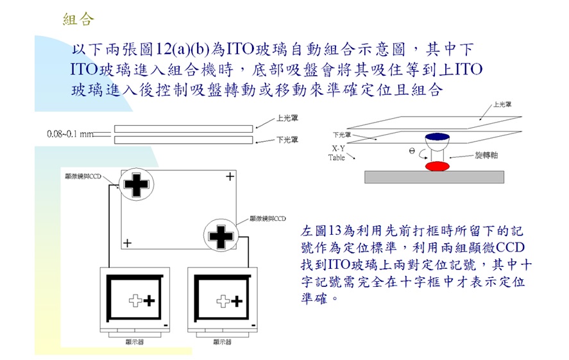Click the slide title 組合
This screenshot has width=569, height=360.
click(x=78, y=19)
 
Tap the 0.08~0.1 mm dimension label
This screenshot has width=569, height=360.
click(x=70, y=134)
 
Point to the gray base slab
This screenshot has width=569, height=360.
click(x=434, y=176)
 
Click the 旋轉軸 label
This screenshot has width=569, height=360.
click(x=487, y=156)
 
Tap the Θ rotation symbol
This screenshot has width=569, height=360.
click(x=412, y=151)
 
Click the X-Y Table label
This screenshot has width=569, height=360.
click(x=337, y=153)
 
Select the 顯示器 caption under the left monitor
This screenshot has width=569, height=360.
click(x=134, y=342)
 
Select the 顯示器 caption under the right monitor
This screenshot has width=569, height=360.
click(x=222, y=342)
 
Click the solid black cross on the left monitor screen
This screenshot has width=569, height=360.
click(x=149, y=300)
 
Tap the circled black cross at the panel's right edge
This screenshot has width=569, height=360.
click(x=221, y=236)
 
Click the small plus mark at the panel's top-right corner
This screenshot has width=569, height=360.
click(x=229, y=176)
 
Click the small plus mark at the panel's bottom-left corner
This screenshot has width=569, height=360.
click(x=128, y=243)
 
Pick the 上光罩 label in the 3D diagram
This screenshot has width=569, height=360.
click(x=502, y=104)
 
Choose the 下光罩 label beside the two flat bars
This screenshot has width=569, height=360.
click(x=285, y=139)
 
